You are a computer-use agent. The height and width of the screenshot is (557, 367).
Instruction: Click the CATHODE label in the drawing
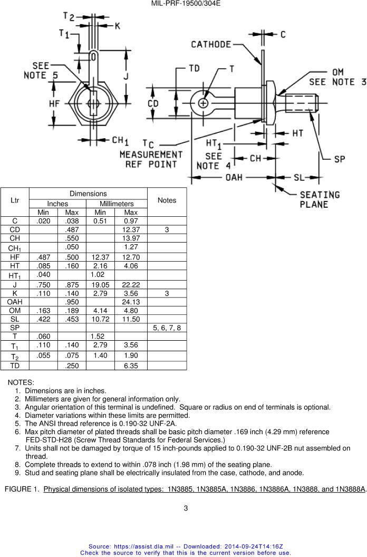(x=211, y=45)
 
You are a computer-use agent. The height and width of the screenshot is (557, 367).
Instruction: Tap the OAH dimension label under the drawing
(x=235, y=177)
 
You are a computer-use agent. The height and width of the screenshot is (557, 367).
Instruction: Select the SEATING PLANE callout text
(x=320, y=200)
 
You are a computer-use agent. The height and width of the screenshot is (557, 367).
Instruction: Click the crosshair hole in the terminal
(x=202, y=103)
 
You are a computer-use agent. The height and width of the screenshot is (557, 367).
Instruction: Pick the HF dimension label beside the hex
(x=54, y=104)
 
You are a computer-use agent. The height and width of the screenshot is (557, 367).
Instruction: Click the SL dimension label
(x=298, y=177)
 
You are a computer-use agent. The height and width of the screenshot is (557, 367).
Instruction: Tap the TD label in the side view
(x=194, y=69)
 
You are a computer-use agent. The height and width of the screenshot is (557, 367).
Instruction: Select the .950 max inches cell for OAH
(x=71, y=302)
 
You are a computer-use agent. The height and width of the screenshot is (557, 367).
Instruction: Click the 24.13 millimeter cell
(x=130, y=302)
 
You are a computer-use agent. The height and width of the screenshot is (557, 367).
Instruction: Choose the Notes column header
(x=167, y=200)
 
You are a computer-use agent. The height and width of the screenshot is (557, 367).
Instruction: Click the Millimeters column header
(x=116, y=204)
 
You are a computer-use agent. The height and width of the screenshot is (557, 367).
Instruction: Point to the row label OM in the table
(x=15, y=311)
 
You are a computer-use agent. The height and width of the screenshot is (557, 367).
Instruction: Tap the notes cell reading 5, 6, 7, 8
(x=167, y=328)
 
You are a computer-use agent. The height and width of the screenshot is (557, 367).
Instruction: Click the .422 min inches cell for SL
(x=43, y=319)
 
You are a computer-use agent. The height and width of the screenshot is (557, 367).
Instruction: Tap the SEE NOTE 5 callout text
(x=41, y=71)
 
